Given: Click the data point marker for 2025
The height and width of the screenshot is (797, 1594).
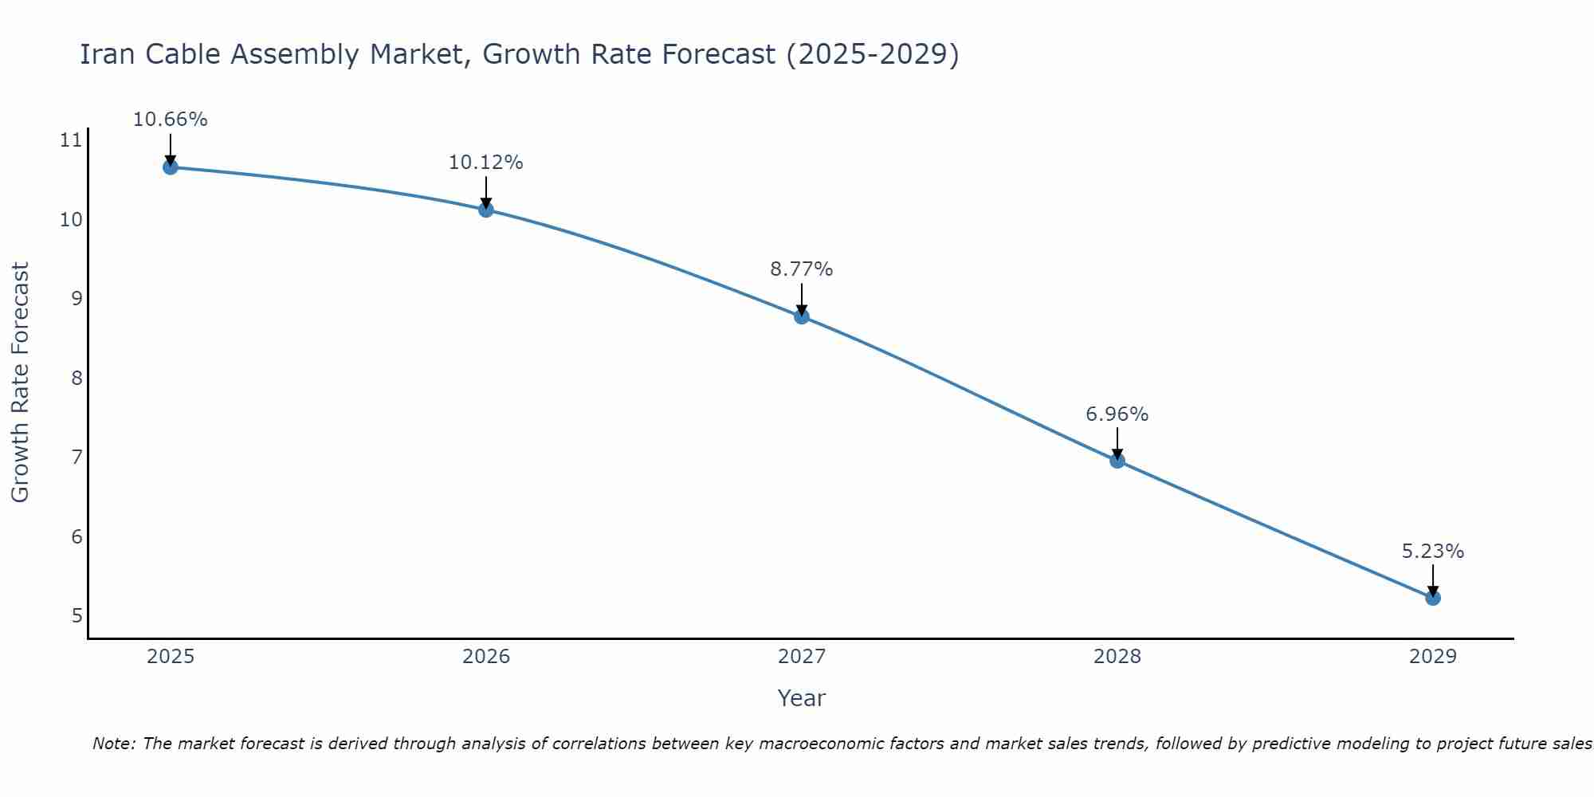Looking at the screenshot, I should click(170, 167).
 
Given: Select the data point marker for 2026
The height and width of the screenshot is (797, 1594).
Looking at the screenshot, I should click(486, 210).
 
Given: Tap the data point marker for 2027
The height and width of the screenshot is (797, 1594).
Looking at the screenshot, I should click(802, 316).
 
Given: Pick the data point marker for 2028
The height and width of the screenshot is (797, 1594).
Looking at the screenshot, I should click(1117, 461).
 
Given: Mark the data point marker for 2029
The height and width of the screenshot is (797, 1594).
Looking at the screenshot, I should click(1433, 598).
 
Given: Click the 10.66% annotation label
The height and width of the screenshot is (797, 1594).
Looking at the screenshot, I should click(170, 120).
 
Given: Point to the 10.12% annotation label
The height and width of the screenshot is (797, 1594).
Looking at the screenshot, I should click(486, 163).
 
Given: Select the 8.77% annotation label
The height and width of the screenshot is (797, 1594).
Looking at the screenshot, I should click(802, 269).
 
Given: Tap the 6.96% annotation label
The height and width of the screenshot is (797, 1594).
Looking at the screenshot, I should click(1117, 414).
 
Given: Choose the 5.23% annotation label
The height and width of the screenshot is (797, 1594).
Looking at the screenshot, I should click(1433, 552).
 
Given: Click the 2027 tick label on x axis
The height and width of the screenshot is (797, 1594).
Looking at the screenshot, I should click(802, 657).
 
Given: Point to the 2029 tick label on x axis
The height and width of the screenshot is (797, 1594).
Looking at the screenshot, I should click(1433, 657).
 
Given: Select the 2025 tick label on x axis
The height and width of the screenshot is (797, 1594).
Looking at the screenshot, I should click(171, 657).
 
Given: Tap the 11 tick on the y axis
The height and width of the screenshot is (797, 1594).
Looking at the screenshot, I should click(71, 141).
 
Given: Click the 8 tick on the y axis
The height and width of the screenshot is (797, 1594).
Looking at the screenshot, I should click(77, 378).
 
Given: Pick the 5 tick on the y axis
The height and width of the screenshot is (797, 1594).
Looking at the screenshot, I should click(77, 616).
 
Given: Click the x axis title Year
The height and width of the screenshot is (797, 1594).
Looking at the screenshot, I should click(802, 698).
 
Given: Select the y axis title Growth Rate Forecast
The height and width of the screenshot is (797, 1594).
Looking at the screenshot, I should click(20, 383).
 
